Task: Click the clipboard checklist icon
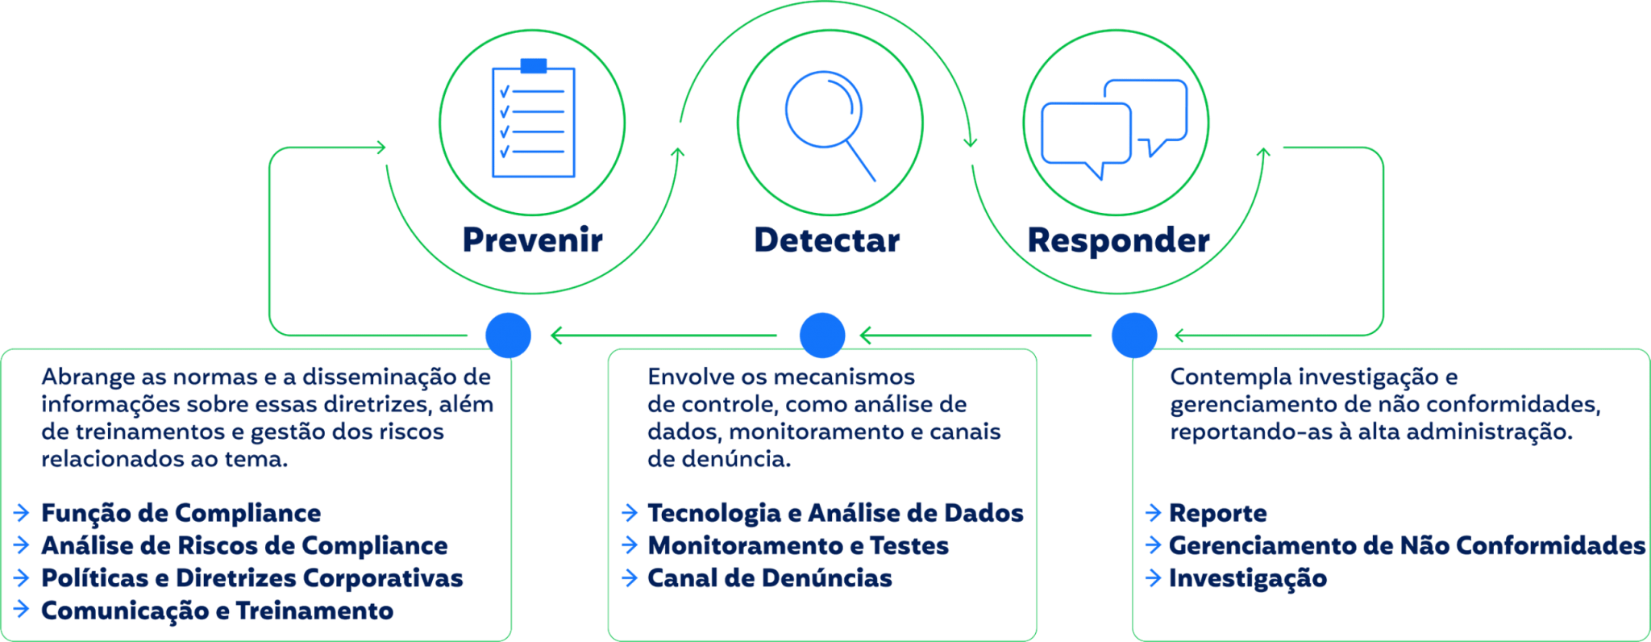click(x=533, y=119)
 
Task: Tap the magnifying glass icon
click(x=829, y=121)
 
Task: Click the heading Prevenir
click(x=532, y=240)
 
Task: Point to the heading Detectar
click(x=826, y=240)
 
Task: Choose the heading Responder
click(x=1118, y=240)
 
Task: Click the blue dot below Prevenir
click(x=508, y=335)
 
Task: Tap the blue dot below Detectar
click(x=821, y=335)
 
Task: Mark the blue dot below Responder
click(x=1133, y=335)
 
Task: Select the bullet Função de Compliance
click(x=181, y=513)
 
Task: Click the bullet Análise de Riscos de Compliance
click(x=244, y=546)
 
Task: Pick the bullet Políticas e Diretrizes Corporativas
click(x=252, y=578)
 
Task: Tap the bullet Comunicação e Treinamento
click(x=217, y=611)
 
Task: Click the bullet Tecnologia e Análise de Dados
click(x=834, y=513)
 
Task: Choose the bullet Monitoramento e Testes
click(x=797, y=546)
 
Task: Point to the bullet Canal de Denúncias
click(x=769, y=578)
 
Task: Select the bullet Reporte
click(x=1217, y=513)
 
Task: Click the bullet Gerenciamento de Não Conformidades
click(x=1406, y=546)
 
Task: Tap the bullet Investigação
click(x=1247, y=578)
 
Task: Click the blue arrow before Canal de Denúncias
click(x=630, y=578)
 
